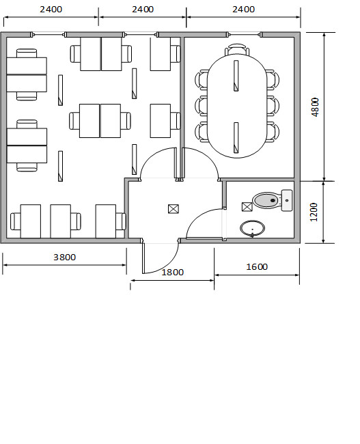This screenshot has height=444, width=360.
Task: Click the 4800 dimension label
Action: (x=315, y=107)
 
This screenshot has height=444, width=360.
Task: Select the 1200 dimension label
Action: (x=314, y=212)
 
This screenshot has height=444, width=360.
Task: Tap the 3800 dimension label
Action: (x=65, y=257)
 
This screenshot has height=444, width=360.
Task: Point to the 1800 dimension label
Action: (x=173, y=272)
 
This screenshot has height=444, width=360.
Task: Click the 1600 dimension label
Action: (x=257, y=266)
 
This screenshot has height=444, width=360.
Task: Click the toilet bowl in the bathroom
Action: (x=266, y=200)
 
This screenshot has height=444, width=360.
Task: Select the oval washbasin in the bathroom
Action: (x=252, y=229)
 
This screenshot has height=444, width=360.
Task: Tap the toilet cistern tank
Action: (x=287, y=200)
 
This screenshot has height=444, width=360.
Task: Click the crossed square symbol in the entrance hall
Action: (x=174, y=209)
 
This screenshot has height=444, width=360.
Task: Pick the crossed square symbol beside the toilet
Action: (x=247, y=207)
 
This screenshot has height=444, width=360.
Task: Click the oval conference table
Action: (x=237, y=106)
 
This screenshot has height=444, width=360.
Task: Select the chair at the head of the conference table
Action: (x=237, y=49)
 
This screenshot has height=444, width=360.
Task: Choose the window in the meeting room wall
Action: (x=244, y=35)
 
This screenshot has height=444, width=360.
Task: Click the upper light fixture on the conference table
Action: (x=236, y=76)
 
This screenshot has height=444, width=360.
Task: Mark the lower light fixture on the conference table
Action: (x=236, y=138)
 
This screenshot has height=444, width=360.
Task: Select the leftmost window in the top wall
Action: (x=48, y=35)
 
